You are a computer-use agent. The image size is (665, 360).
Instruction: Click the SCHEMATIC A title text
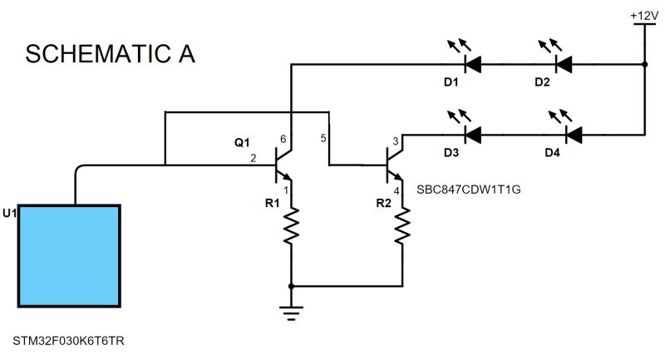[111, 54]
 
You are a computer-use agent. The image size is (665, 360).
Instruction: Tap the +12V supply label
[644, 15]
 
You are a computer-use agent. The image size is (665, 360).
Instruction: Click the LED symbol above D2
[564, 62]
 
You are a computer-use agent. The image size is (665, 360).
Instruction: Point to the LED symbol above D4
[573, 132]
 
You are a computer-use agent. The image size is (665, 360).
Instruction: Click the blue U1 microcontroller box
[73, 259]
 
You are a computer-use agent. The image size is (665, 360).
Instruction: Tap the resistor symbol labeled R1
[291, 226]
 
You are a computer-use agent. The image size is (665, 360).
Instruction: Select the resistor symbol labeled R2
[403, 226]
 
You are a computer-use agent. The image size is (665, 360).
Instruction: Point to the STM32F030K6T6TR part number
[69, 342]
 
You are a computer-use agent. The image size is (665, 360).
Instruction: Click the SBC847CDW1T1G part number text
[470, 189]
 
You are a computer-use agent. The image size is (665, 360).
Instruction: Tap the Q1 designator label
[242, 143]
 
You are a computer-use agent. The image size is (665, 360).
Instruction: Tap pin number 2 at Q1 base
[253, 158]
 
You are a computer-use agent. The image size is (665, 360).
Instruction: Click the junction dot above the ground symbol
[291, 285]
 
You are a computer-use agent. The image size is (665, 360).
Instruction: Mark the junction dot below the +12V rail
[644, 63]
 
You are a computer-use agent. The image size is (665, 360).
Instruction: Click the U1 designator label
[9, 214]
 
